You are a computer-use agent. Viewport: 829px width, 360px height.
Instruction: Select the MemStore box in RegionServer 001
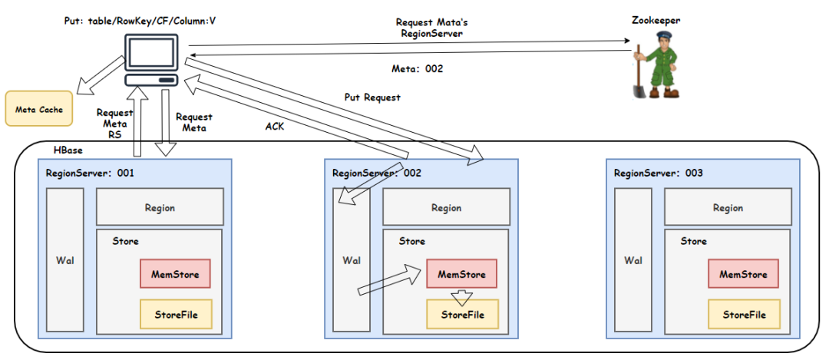pyautogui.click(x=175, y=274)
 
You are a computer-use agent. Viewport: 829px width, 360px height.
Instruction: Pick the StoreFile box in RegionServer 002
pyautogui.click(x=462, y=315)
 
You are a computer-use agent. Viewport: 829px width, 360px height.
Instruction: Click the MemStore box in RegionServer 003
pyautogui.click(x=743, y=274)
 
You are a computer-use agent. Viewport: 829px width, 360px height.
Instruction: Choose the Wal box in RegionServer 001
pyautogui.click(x=64, y=260)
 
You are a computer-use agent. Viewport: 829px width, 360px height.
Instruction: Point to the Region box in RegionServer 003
pyautogui.click(x=728, y=207)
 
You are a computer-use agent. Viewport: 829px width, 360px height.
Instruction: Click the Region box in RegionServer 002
pyautogui.click(x=446, y=207)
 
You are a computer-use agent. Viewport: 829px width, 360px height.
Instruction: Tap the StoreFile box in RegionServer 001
pyautogui.click(x=175, y=315)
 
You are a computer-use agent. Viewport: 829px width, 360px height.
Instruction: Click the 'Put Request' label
pyautogui.click(x=372, y=98)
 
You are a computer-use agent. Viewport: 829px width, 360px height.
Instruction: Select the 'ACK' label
pyautogui.click(x=274, y=127)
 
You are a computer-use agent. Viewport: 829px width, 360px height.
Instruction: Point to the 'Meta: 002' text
pyautogui.click(x=418, y=68)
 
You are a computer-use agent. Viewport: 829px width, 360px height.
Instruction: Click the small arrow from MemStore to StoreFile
pyautogui.click(x=462, y=296)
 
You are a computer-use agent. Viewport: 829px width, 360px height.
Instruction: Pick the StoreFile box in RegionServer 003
pyautogui.click(x=743, y=315)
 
